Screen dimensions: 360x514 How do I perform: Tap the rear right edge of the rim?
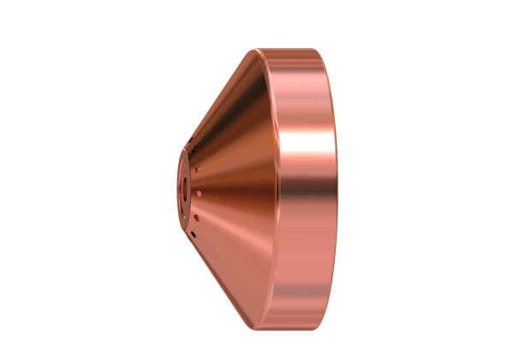click(336, 180)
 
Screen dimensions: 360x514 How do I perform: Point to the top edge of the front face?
click(184, 147)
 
